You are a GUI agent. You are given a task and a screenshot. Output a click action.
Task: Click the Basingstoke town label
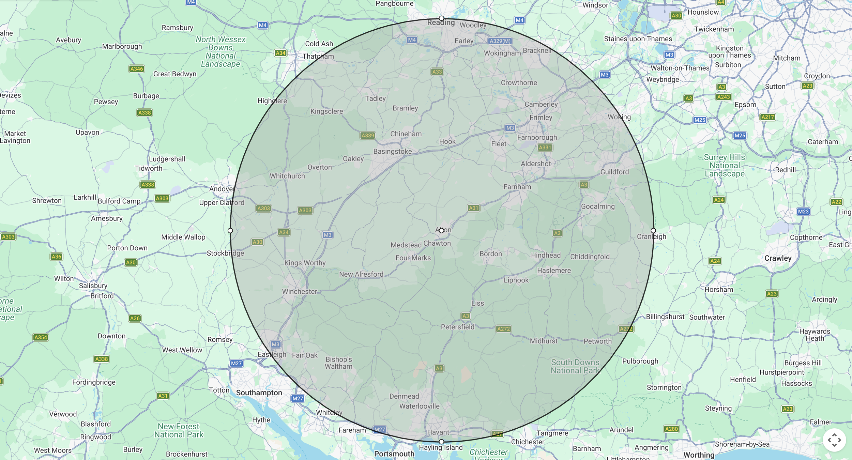(x=392, y=151)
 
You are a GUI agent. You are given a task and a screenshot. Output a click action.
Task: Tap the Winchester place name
(x=299, y=291)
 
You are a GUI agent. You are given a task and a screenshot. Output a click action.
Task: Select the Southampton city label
(x=259, y=393)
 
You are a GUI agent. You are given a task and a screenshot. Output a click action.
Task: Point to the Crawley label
(x=778, y=258)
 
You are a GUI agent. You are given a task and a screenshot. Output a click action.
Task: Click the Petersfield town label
(x=457, y=327)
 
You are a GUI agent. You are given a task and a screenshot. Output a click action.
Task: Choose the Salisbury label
(x=93, y=286)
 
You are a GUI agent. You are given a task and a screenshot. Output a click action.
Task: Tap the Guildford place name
(x=614, y=172)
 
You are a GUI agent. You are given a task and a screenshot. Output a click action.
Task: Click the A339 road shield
(x=368, y=135)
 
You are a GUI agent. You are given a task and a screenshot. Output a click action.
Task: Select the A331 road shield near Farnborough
(x=545, y=148)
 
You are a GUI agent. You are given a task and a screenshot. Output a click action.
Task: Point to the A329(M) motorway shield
(x=500, y=41)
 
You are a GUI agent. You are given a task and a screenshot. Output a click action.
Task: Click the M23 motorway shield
(x=803, y=212)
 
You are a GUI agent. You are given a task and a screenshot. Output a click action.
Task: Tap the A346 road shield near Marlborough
(x=137, y=69)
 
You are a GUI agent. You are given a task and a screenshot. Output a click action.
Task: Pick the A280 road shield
(x=671, y=429)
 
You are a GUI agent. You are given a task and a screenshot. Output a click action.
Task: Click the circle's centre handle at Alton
(x=441, y=231)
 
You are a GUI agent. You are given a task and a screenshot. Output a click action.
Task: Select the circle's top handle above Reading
(x=441, y=18)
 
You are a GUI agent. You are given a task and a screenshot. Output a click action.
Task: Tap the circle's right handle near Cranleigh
(x=653, y=231)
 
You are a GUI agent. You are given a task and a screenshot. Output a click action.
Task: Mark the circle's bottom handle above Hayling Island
(x=441, y=442)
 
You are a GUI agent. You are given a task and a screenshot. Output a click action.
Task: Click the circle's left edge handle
(x=230, y=231)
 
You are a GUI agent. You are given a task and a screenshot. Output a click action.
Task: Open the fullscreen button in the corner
(x=834, y=440)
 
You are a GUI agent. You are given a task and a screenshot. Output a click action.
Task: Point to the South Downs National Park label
(x=575, y=366)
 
